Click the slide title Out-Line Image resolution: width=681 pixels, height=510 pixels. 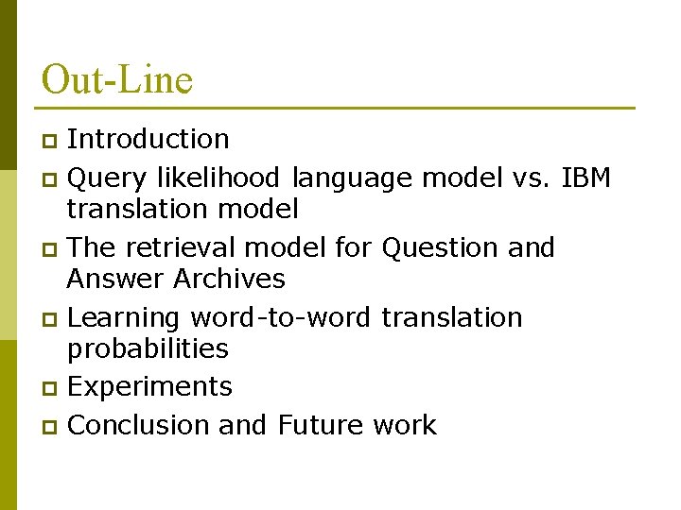(x=117, y=79)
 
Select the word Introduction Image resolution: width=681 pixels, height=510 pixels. (x=148, y=139)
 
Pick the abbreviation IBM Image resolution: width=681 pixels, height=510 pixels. (x=585, y=178)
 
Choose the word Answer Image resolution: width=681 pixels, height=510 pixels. (x=115, y=279)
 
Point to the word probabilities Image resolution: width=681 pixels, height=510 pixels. (x=148, y=348)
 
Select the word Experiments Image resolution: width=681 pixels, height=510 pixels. (x=150, y=387)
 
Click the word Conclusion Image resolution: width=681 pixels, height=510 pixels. (x=139, y=425)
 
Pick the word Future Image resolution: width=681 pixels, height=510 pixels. (x=320, y=425)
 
